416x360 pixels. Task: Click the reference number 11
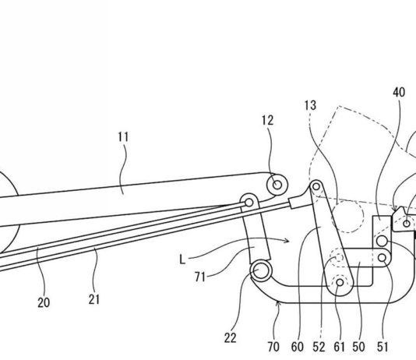click(123, 137)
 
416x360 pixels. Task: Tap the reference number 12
click(267, 121)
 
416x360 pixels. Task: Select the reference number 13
click(310, 105)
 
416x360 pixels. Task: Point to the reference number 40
click(399, 92)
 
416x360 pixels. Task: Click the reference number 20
click(44, 302)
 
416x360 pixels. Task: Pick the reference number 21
click(94, 300)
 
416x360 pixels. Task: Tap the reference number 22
click(230, 338)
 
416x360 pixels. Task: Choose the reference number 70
click(273, 347)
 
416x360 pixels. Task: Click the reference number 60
click(297, 347)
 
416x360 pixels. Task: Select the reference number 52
click(319, 347)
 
